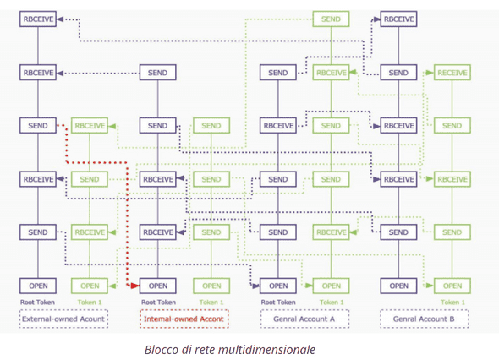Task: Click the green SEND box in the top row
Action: click(x=331, y=19)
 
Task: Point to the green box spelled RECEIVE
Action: click(x=452, y=73)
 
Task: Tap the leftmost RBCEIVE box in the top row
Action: click(x=37, y=19)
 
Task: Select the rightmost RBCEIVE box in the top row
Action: click(x=398, y=19)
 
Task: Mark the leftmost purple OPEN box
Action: click(x=37, y=286)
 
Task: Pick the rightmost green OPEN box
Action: click(x=452, y=286)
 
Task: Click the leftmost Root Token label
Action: click(x=37, y=302)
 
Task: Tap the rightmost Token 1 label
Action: click(x=452, y=302)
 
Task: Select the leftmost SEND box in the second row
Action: click(x=157, y=73)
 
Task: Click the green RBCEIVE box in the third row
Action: click(x=90, y=126)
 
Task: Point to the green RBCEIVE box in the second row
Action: click(x=331, y=73)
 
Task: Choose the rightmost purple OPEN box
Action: click(x=398, y=286)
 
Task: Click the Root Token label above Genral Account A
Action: click(x=277, y=302)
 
